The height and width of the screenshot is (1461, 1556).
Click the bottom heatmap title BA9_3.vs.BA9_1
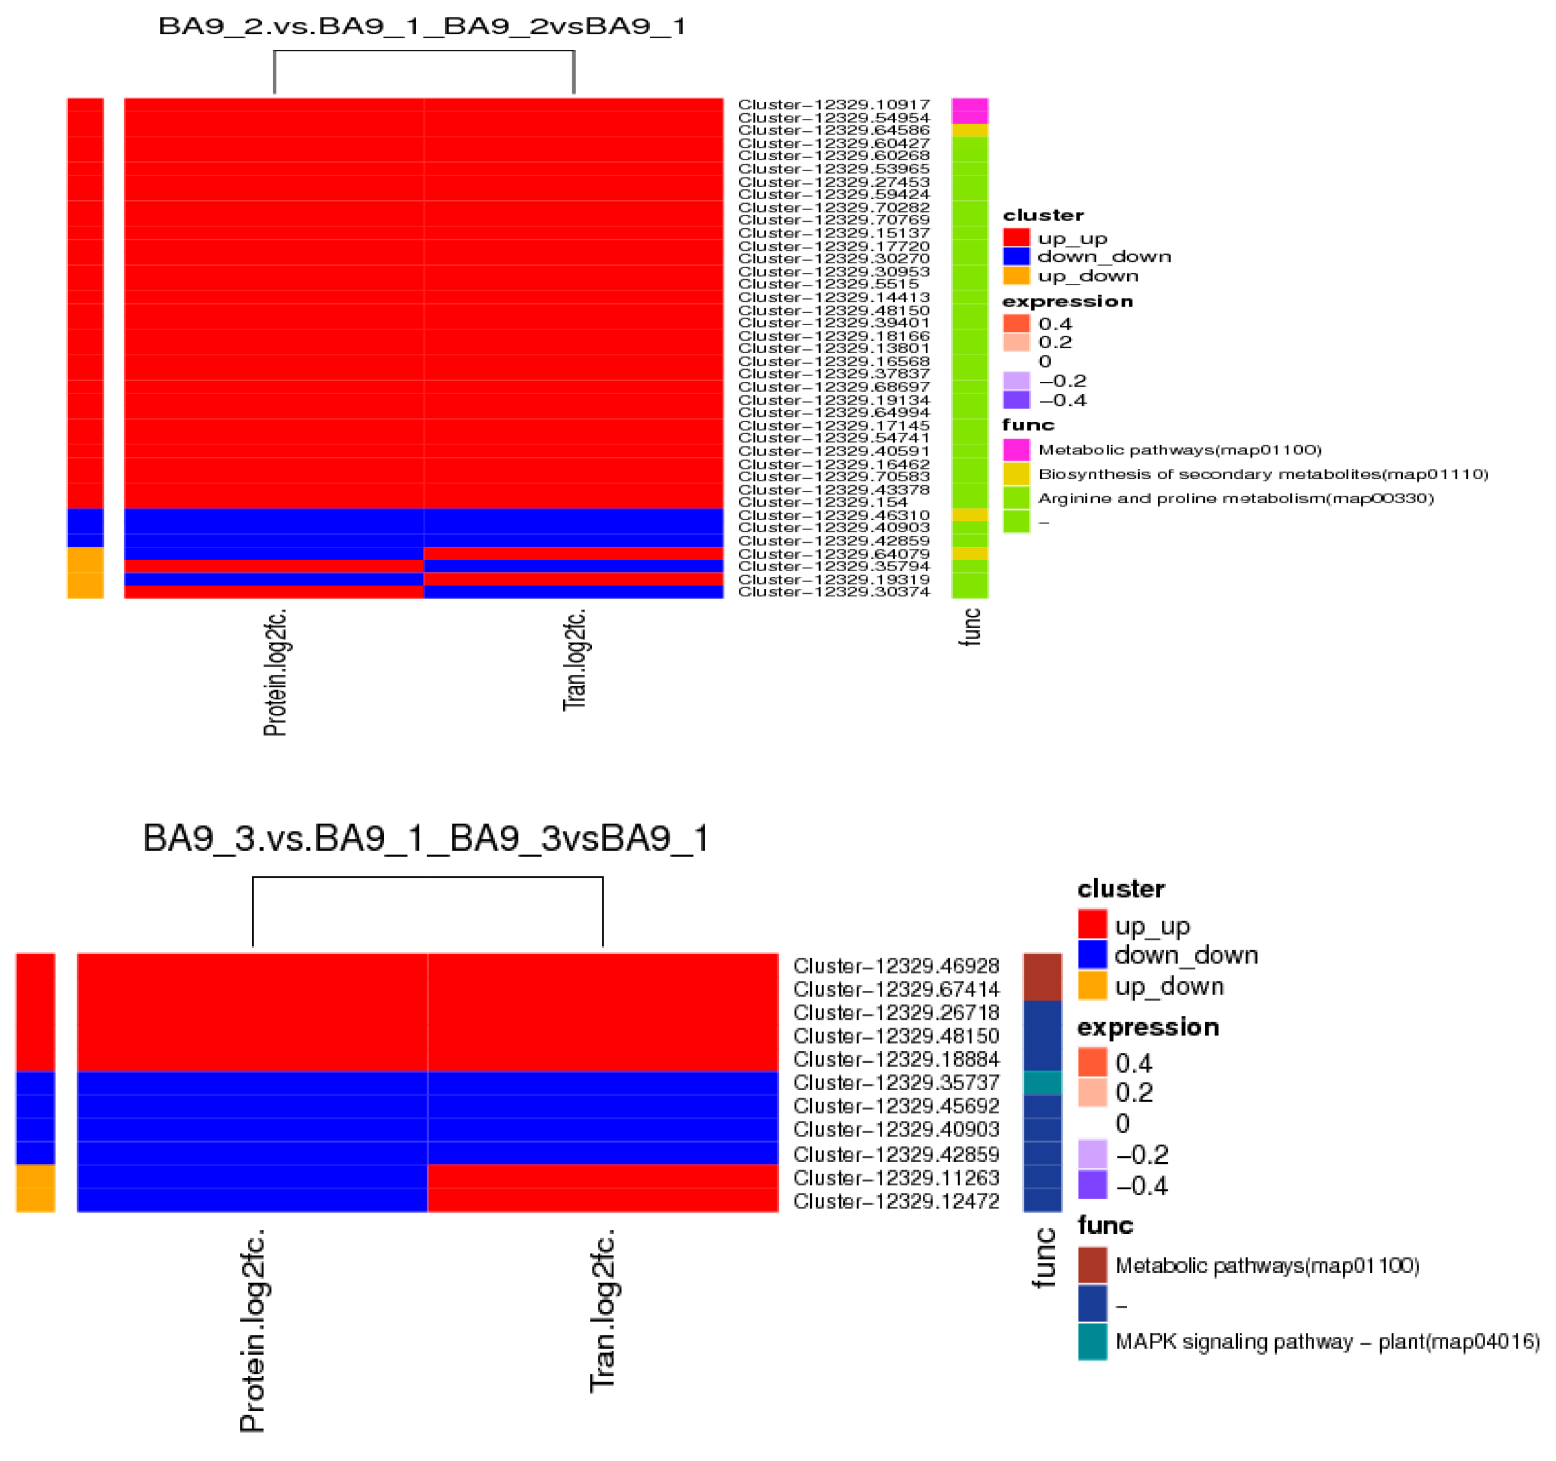(x=426, y=838)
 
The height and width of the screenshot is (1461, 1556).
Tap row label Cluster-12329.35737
(x=896, y=1082)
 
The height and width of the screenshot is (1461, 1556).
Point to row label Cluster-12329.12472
(x=896, y=1200)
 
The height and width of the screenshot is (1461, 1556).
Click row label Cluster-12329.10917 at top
(x=833, y=104)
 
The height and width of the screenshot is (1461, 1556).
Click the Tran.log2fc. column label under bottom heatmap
(x=602, y=1311)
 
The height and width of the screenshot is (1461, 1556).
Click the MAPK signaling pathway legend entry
(x=1327, y=1341)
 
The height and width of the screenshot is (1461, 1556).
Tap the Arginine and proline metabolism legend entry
(x=1235, y=498)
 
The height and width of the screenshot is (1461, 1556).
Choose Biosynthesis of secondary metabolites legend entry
(x=1262, y=474)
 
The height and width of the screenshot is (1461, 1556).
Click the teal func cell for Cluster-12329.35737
(x=1042, y=1082)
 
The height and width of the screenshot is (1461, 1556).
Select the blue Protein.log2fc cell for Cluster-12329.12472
(x=252, y=1200)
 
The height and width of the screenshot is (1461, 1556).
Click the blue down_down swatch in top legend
(x=1016, y=256)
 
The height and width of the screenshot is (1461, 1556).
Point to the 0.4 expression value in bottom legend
(x=1133, y=1063)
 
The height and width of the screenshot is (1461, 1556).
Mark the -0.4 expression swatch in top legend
(x=1016, y=400)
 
